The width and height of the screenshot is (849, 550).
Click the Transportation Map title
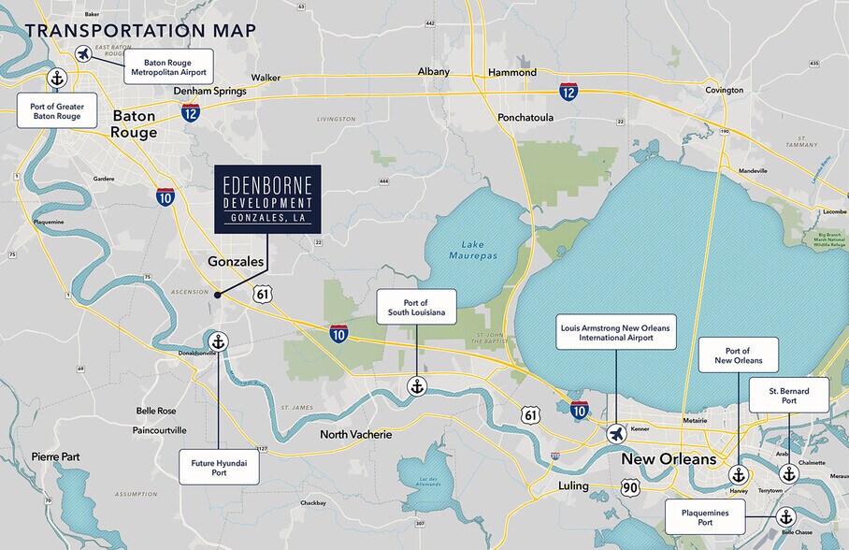[x=141, y=31]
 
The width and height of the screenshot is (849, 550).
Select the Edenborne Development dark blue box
[x=267, y=199]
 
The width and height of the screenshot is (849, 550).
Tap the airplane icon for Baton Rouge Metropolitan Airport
[x=83, y=53]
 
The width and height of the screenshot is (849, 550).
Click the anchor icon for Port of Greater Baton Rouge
[x=57, y=78]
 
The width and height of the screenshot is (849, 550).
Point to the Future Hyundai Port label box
[x=219, y=466]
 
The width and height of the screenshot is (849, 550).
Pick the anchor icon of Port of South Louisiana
[x=417, y=385]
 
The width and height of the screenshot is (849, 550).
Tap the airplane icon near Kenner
[x=616, y=433]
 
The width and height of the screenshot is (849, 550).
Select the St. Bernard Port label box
[x=789, y=395]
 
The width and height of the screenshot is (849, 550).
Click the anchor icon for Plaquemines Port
[x=785, y=516]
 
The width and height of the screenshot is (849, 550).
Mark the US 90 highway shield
[x=631, y=487]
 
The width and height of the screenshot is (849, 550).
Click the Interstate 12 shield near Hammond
[x=568, y=91]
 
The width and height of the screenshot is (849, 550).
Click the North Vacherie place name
[x=356, y=435]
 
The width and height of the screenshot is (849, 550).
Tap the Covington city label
[x=724, y=91]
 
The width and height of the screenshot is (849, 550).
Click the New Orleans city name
[x=669, y=459]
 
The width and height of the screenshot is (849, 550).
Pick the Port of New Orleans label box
[x=738, y=355]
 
